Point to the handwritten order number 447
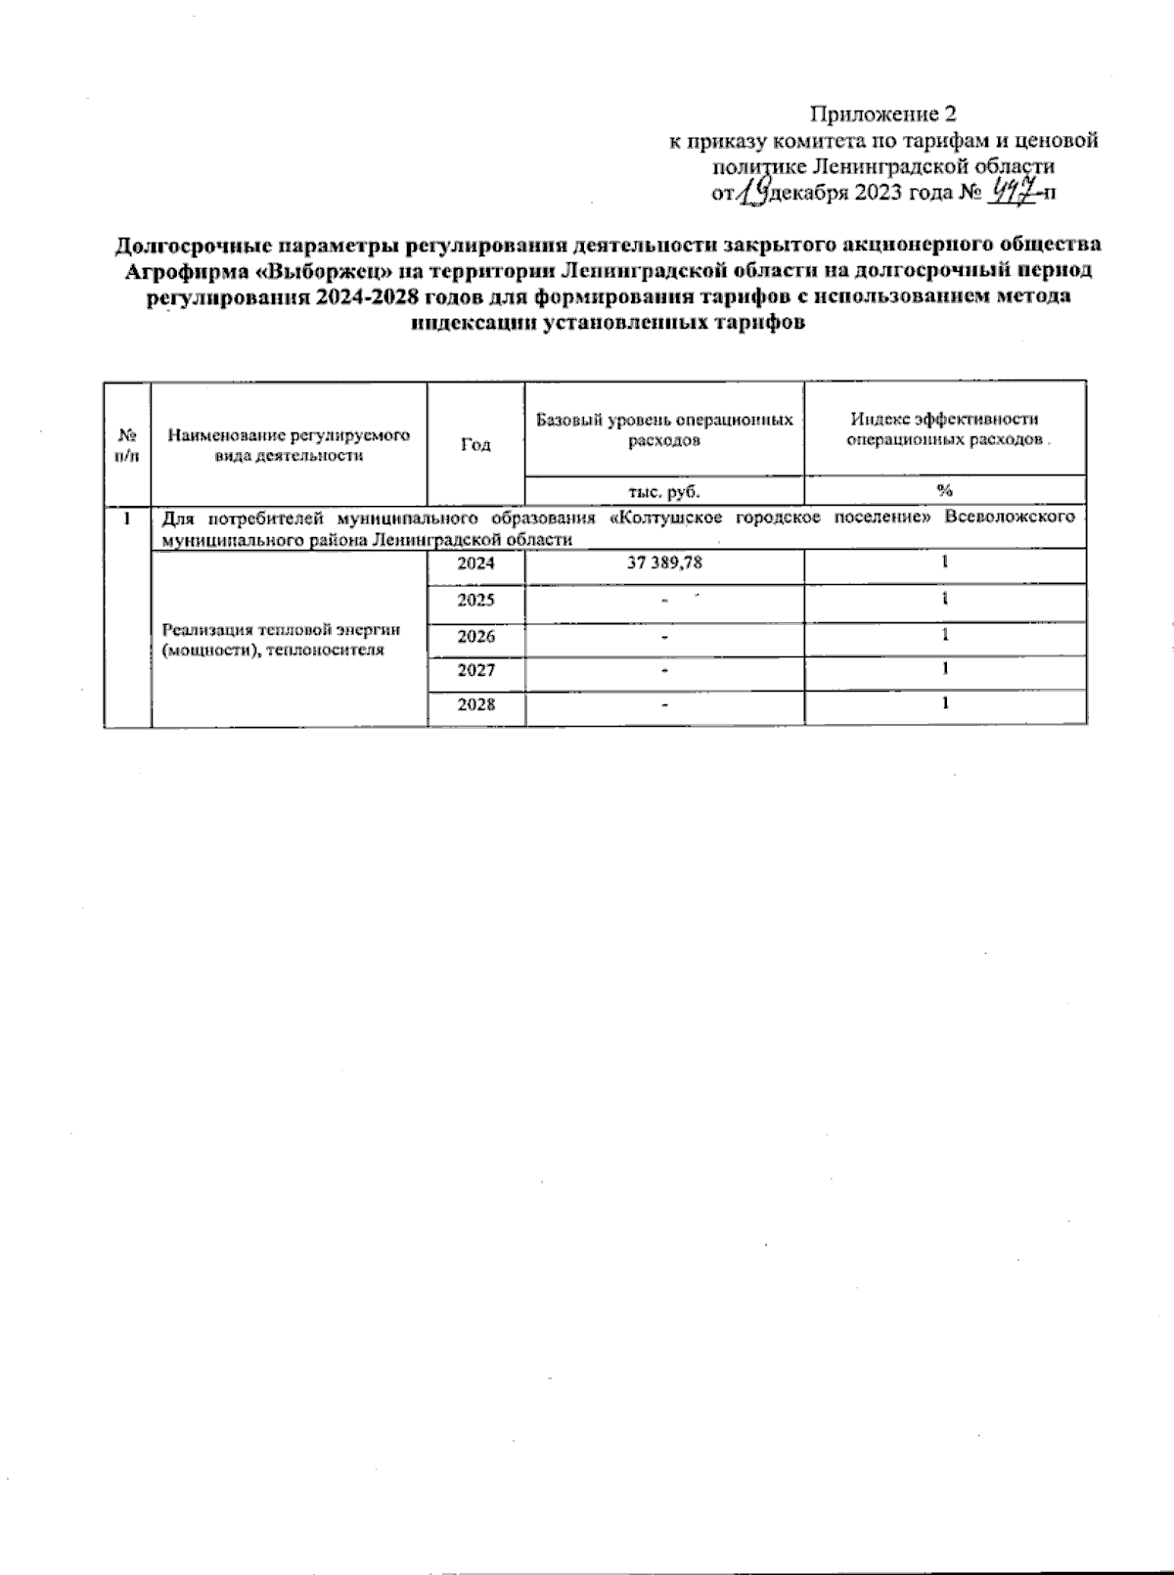[x=1012, y=191]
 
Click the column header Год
[x=475, y=443]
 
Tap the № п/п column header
[x=126, y=443]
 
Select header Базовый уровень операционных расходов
[x=664, y=429]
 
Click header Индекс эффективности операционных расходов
[x=945, y=429]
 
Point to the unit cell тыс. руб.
[x=664, y=491]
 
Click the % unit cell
[x=945, y=491]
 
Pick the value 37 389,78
[x=664, y=563]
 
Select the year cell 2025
[x=475, y=600]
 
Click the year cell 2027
[x=475, y=671]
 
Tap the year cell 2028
[x=475, y=705]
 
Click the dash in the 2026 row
[x=664, y=637]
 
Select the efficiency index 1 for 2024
[x=945, y=562]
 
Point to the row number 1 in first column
[x=126, y=517]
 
